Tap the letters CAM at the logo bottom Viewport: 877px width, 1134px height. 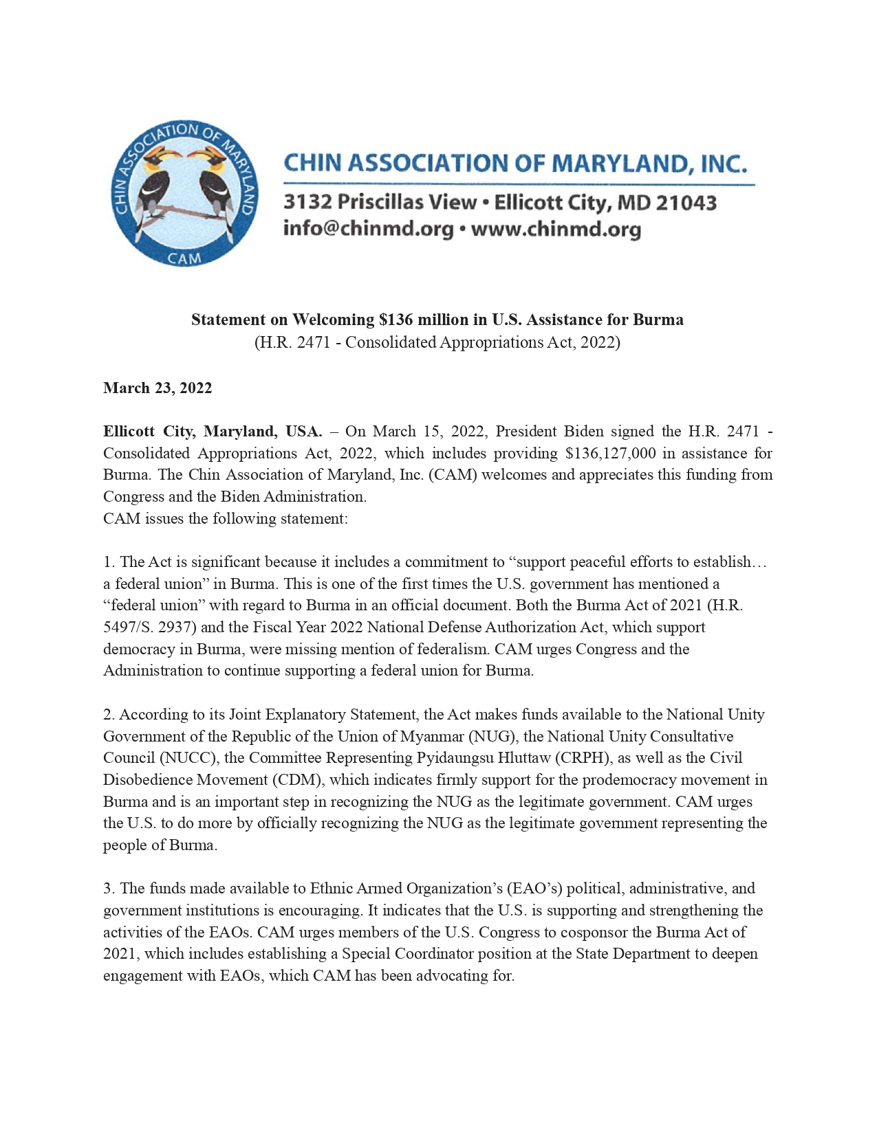click(x=184, y=258)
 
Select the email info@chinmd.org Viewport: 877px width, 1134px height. click(x=368, y=229)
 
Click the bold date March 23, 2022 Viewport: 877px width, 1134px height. click(x=158, y=388)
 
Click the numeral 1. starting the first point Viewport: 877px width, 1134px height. click(x=109, y=562)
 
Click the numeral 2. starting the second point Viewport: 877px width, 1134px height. click(x=109, y=714)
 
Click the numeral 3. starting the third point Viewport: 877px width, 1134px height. click(x=109, y=888)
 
